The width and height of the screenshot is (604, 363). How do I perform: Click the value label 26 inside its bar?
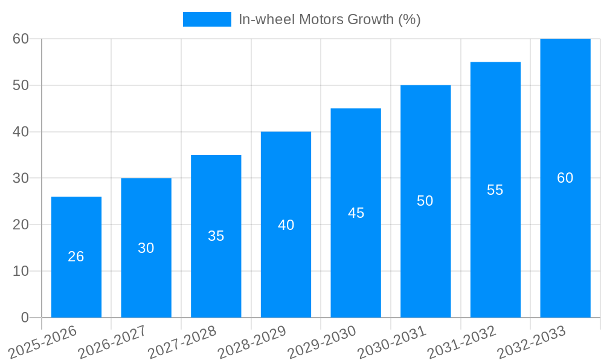click(76, 257)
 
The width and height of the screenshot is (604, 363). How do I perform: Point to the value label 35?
click(216, 236)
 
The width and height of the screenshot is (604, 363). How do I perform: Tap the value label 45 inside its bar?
click(356, 213)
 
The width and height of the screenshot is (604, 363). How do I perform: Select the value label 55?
click(495, 190)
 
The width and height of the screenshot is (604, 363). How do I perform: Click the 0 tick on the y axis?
click(25, 318)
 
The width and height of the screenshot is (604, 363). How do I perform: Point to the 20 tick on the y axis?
click(21, 224)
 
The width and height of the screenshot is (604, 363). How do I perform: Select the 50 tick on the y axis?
click(21, 85)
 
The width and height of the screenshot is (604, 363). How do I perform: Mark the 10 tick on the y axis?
click(21, 271)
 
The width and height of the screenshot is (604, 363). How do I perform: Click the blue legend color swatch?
click(207, 19)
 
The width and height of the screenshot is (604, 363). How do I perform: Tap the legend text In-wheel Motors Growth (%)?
click(329, 19)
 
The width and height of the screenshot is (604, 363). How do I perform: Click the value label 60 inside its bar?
click(565, 178)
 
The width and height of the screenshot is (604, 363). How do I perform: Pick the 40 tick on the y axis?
click(21, 132)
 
